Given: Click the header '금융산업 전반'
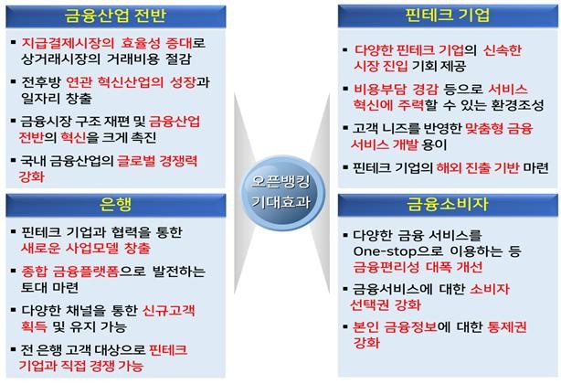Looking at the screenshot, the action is tap(115, 16).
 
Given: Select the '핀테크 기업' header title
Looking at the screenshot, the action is tap(447, 16).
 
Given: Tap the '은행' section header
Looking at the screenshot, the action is tap(115, 205).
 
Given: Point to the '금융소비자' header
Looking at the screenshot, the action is tap(447, 205).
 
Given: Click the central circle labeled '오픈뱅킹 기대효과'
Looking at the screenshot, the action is tap(282, 193).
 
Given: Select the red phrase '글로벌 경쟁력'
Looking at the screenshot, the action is tap(157, 161).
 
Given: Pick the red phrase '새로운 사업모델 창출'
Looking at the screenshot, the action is tap(86, 249).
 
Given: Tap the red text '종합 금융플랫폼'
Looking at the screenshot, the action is tap(70, 272).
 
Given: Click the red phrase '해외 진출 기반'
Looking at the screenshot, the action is tap(478, 167).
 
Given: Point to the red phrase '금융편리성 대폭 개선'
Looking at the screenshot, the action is tap(418, 267).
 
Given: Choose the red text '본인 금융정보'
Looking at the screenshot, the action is tap(395, 327).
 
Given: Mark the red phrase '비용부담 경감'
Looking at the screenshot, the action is tap(396, 89).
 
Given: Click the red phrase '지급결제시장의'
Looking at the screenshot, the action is tap(68, 43).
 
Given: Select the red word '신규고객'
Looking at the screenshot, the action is tap(169, 311).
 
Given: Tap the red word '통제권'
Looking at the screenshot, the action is tap(507, 327).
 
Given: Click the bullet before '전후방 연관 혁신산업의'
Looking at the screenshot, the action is tap(13, 82).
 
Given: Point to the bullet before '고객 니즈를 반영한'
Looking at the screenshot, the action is tap(345, 128).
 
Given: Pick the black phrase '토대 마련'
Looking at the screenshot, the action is tap(49, 288).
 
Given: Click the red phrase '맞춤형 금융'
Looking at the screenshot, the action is tap(499, 128).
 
